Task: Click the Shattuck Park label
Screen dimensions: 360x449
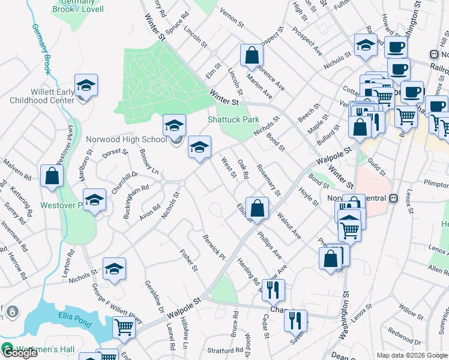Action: [234, 119]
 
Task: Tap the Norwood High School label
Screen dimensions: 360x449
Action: [126, 139]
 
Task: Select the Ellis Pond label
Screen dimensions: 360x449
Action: [74, 316]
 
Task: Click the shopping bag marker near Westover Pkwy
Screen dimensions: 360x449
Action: [52, 177]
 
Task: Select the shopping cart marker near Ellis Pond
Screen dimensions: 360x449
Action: [124, 328]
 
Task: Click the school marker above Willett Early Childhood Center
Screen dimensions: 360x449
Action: [86, 85]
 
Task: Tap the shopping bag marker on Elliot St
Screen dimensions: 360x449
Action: [257, 209]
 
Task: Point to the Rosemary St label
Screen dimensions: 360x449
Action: [268, 180]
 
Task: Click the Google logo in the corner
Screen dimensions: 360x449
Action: [19, 352]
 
